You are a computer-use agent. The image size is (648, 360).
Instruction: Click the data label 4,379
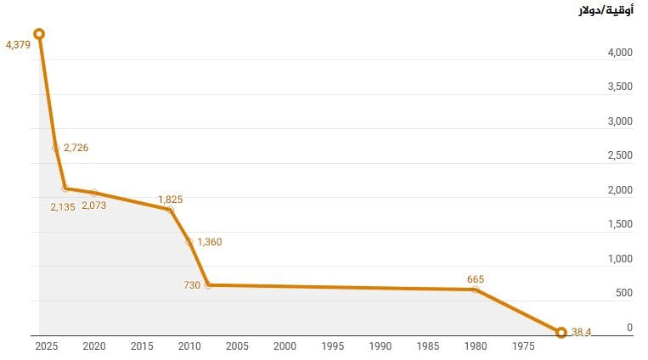click(18, 44)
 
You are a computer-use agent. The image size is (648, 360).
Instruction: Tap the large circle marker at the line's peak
click(39, 34)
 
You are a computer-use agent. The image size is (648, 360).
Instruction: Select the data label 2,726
click(76, 148)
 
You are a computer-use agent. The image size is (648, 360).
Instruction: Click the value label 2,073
click(93, 205)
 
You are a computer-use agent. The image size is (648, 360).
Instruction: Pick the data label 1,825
click(170, 200)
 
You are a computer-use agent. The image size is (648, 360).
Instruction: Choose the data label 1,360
click(209, 242)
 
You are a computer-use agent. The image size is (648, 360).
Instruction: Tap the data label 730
click(192, 285)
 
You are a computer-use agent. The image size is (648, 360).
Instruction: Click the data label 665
click(475, 279)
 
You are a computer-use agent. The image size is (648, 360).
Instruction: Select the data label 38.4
click(581, 333)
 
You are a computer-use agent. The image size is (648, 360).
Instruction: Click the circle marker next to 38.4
click(561, 333)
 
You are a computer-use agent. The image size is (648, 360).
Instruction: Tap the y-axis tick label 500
click(623, 293)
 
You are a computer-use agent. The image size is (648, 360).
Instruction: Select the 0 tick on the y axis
click(629, 327)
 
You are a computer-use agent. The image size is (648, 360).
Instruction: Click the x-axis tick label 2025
click(46, 346)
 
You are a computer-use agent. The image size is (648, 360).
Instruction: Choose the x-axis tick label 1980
click(476, 346)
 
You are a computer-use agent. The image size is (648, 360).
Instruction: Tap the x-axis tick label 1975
click(523, 346)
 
